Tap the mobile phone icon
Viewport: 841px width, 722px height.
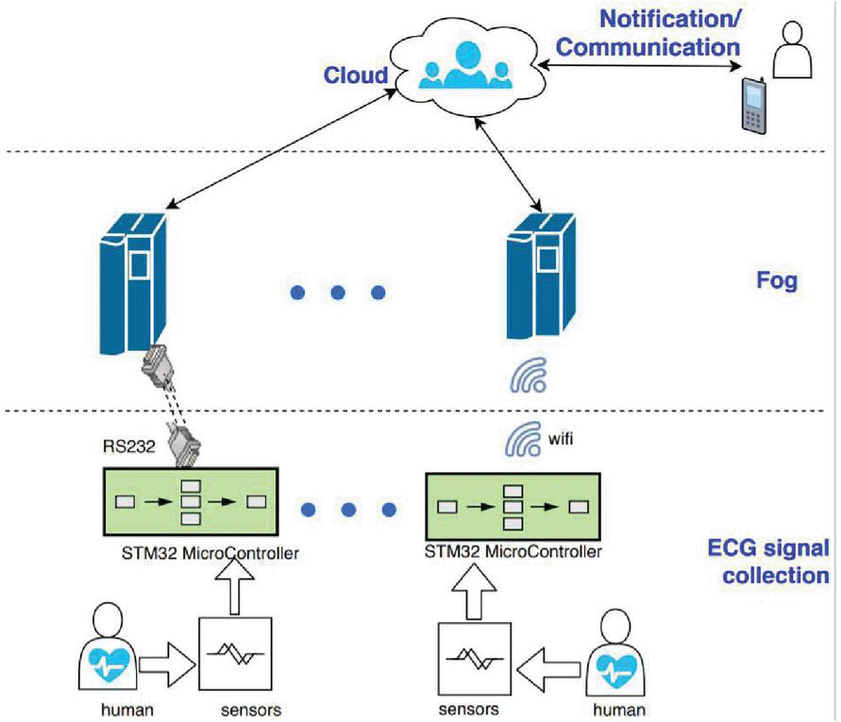coord(754,103)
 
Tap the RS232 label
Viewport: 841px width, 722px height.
coord(126,445)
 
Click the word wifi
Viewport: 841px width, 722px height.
coord(563,437)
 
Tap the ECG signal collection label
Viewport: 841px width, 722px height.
coord(768,562)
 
